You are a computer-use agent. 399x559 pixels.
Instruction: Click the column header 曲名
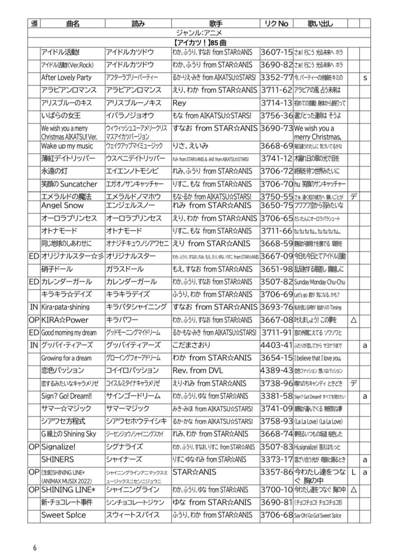[72, 24]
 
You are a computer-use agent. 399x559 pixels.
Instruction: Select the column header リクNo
[275, 24]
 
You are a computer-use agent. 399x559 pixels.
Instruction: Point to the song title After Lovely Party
[66, 78]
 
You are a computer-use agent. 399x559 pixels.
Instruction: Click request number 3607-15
[276, 52]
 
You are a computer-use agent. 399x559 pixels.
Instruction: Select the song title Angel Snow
[63, 205]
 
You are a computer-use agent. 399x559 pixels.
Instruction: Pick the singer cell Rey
[180, 103]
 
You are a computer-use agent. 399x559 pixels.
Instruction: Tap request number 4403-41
[276, 345]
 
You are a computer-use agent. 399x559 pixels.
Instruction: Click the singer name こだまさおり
[195, 345]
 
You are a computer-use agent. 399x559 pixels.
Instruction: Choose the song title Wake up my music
[67, 146]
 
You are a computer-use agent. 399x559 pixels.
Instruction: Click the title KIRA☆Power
[64, 320]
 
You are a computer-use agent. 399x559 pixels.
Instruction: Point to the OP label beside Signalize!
[33, 447]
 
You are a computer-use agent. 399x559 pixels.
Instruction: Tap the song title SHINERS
[58, 460]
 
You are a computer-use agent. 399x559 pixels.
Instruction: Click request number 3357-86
[276, 472]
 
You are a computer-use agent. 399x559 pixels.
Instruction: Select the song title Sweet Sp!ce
[64, 515]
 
